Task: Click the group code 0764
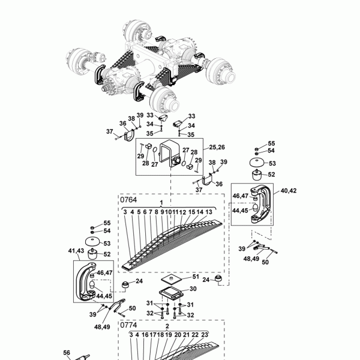[129, 199]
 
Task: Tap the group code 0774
[129, 325]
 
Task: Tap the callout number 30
[193, 289]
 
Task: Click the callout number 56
[67, 353]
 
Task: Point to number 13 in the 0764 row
[208, 212]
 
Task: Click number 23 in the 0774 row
[204, 335]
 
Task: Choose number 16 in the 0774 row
[145, 335]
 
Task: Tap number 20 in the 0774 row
[178, 335]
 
